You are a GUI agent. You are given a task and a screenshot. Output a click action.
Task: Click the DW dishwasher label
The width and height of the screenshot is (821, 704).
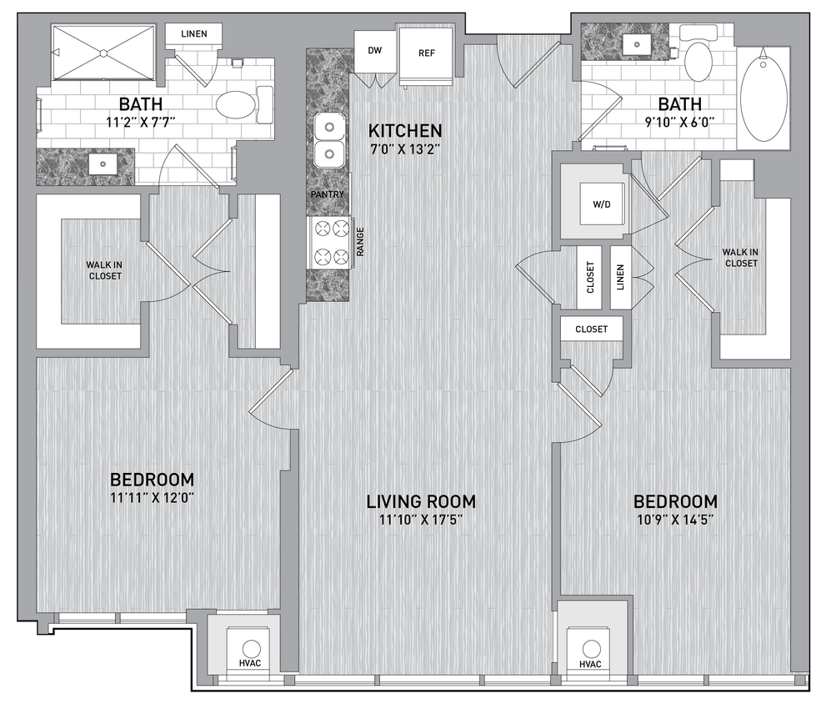click(x=375, y=51)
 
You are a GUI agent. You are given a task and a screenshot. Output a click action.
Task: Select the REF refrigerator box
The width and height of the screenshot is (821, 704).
click(x=426, y=53)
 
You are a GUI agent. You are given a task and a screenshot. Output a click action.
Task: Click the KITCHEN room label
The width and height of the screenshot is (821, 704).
click(x=405, y=131)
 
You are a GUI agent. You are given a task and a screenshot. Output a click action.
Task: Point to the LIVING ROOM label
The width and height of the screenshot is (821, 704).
click(x=421, y=501)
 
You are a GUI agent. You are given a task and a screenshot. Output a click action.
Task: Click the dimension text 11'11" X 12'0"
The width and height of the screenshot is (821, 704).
click(x=153, y=498)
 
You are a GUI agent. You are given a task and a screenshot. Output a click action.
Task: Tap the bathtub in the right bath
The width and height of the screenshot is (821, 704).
click(x=763, y=98)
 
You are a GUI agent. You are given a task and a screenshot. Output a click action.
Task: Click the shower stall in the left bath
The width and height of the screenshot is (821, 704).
click(x=103, y=53)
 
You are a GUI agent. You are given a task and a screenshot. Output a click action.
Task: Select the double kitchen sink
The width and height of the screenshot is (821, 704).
click(x=330, y=141)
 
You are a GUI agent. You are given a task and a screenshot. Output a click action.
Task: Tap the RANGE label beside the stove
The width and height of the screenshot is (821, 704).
click(x=360, y=243)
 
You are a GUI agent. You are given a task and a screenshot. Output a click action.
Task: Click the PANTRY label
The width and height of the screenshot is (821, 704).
click(x=328, y=195)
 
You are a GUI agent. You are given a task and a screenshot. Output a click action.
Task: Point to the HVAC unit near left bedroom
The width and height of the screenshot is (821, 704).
click(x=248, y=650)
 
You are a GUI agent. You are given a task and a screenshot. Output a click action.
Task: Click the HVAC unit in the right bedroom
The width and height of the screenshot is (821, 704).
click(x=591, y=650)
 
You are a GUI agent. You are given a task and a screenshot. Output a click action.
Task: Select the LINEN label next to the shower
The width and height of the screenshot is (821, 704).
click(x=193, y=34)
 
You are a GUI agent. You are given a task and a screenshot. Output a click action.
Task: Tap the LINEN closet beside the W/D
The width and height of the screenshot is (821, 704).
click(x=620, y=277)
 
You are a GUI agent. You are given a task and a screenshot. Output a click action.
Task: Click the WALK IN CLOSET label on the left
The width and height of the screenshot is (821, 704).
click(x=104, y=270)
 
